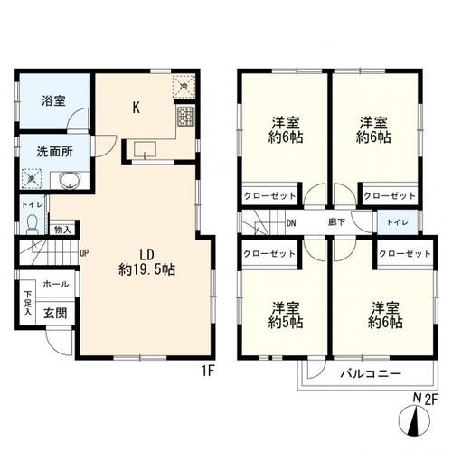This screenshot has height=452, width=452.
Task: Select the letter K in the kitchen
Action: [x=136, y=108]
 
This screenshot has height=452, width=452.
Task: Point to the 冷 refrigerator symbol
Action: [x=184, y=88]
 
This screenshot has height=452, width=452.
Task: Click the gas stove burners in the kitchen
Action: [x=186, y=116]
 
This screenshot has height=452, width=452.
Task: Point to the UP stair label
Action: [x=83, y=253]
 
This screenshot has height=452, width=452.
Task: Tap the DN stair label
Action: [x=291, y=222]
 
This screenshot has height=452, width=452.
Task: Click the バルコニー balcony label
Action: [x=371, y=372]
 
